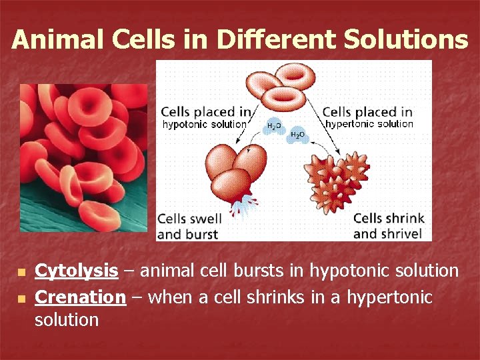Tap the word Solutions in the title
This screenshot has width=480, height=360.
tap(406, 39)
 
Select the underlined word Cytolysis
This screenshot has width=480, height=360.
tap(76, 271)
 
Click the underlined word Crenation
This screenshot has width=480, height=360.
tap(80, 297)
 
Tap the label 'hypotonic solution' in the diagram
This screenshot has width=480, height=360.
tap(204, 124)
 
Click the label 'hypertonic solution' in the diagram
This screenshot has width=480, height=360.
tap(369, 124)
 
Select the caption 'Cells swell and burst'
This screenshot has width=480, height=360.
tap(189, 226)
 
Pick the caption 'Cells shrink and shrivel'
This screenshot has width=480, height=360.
tap(388, 226)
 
